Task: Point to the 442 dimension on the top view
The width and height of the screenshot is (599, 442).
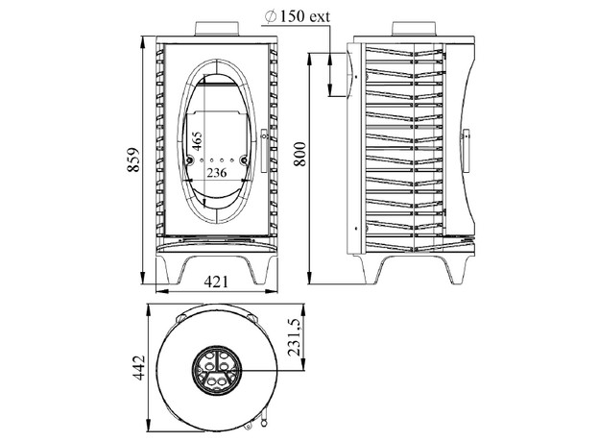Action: tap(137, 367)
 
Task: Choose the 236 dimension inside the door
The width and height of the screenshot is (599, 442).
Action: tap(215, 173)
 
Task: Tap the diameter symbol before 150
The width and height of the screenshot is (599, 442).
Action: tap(269, 16)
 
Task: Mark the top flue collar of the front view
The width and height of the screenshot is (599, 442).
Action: tap(215, 30)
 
